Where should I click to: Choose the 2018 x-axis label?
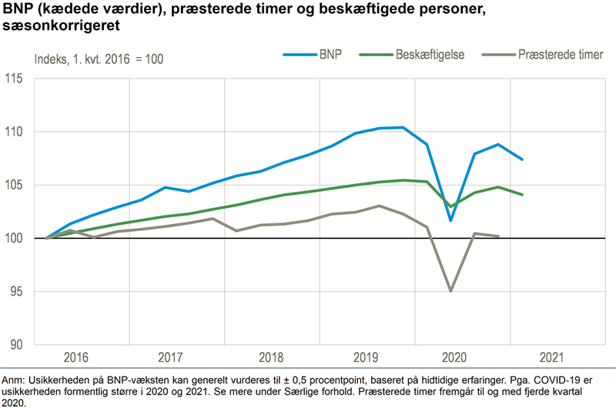point(272,358)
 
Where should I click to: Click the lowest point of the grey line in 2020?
point(450,291)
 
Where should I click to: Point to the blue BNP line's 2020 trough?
point(450,221)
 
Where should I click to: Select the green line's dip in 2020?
point(450,206)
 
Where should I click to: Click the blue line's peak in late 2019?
point(403,127)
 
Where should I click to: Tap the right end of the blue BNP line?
point(523,159)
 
